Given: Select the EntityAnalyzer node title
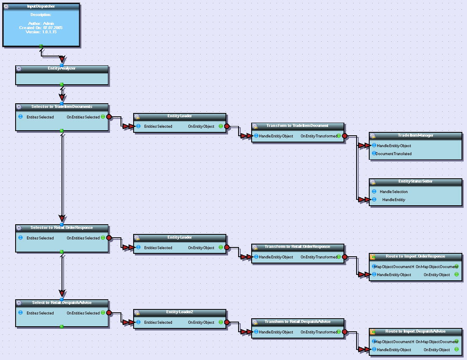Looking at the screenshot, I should coord(62,68).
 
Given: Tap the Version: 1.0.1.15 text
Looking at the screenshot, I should coord(41,32).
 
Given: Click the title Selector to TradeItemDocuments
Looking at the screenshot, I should coord(62,107).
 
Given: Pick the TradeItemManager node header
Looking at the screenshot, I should coord(416,135).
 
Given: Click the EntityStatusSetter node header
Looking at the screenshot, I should coord(416,181).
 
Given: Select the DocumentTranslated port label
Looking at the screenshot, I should coord(393,154).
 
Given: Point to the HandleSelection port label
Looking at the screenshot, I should coord(394,192).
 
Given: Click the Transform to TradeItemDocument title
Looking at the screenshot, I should coord(297,126).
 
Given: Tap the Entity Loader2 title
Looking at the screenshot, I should coord(180,312).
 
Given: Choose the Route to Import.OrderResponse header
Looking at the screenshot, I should coord(415,256).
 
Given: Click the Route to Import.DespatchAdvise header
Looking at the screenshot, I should coord(415,331).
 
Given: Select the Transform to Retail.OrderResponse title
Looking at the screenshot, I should coord(297,247).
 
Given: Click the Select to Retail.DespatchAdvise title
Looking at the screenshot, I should coord(62,303).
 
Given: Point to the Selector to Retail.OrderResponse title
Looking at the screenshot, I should coord(62,228).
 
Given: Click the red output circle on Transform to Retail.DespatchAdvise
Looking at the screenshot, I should coord(344,332).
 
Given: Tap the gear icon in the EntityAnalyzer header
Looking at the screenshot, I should coord(19,68).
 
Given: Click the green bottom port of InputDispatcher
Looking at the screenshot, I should coord(41,46).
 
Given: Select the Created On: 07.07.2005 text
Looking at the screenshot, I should coord(41,27).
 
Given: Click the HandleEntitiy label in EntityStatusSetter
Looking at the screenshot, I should coord(394,200).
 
